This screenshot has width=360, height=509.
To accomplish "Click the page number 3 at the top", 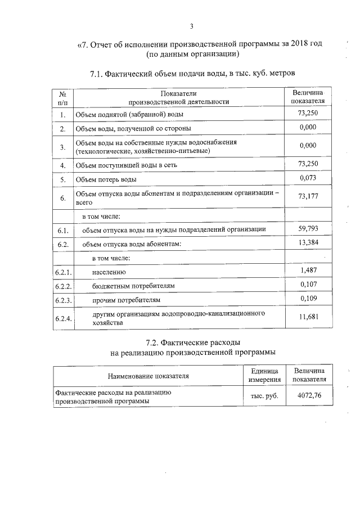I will pos(191,26).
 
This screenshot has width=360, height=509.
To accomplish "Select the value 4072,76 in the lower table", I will pos(308,395).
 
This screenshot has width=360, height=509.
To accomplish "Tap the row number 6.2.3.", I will pos(63,300).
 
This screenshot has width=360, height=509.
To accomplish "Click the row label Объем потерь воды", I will pos(106,179).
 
